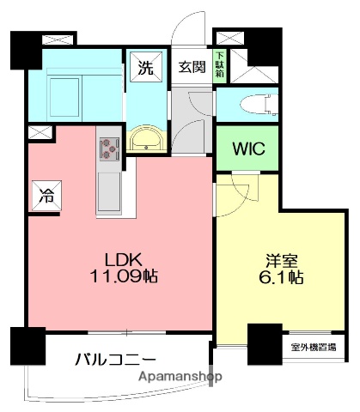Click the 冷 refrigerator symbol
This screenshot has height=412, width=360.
(x=43, y=195)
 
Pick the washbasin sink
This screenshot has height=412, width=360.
(x=148, y=140)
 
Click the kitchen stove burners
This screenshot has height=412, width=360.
(x=109, y=148)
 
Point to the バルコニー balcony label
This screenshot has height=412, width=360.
(x=114, y=359)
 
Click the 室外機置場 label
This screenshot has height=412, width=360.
(x=313, y=347)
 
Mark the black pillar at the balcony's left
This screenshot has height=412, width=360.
(x=27, y=348)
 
